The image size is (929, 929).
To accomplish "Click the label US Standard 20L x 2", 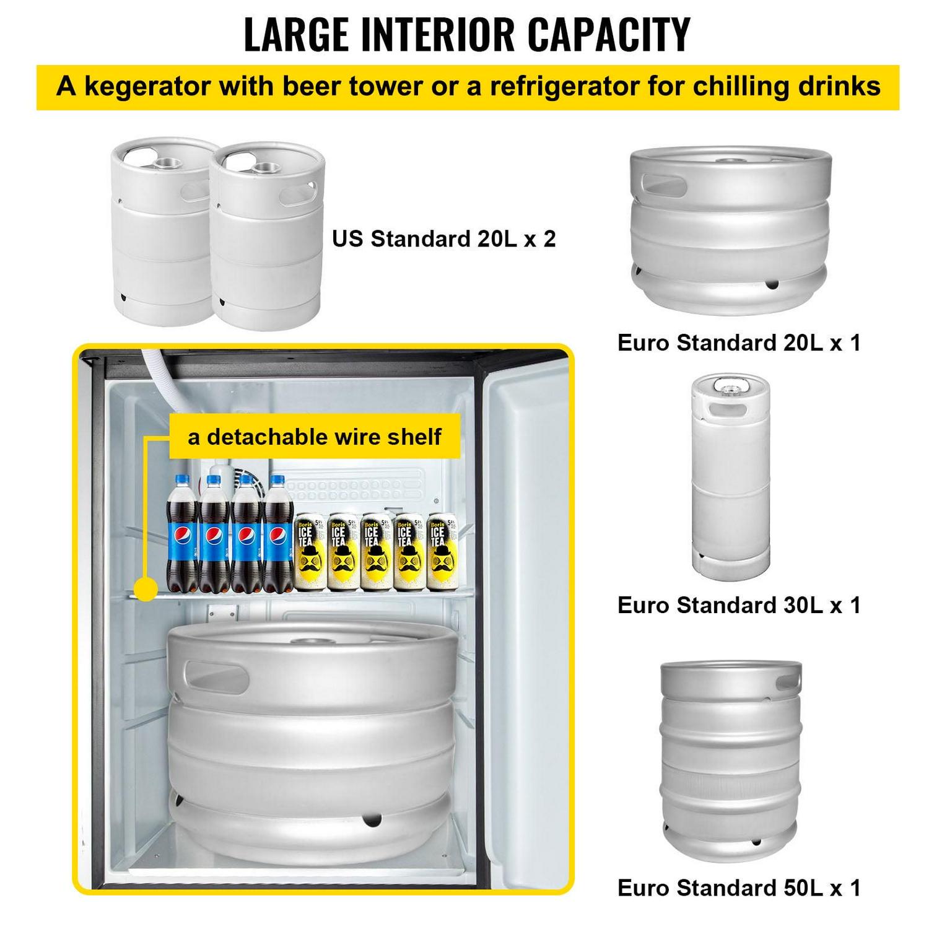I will pos(443,238).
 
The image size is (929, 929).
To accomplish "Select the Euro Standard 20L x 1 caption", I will pos(739,342).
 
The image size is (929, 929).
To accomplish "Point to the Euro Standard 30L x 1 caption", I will pos(739,605).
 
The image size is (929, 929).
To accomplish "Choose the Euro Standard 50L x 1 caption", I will pos(739,888).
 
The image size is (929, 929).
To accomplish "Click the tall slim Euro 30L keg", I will pos(731,477).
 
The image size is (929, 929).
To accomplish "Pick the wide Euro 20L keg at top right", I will pos(731,229).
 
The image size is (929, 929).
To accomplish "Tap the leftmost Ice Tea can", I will pos(309,551).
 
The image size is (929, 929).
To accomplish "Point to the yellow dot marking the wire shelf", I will pos(146,588).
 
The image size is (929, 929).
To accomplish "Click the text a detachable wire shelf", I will pos(315,437).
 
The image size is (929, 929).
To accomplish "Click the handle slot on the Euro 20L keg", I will pos(664,185).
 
